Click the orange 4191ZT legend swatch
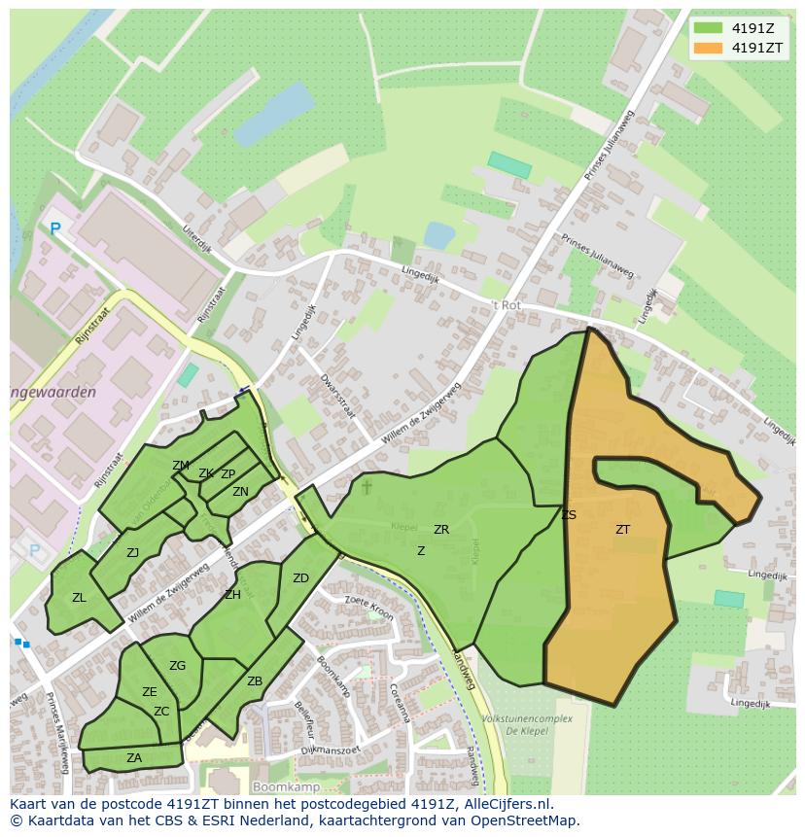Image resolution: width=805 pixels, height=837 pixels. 710,48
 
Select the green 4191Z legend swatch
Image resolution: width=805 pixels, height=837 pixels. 710,28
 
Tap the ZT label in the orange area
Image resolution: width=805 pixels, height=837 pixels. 622,530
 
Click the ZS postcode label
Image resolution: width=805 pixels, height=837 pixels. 569,515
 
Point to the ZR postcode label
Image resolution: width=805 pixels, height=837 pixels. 441,530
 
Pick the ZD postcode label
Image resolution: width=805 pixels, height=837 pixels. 300,578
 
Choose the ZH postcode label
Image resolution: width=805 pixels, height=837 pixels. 232,595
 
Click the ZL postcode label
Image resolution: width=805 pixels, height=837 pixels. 79,598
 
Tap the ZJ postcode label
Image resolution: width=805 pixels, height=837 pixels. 132,553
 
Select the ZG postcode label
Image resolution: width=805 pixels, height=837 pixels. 177,666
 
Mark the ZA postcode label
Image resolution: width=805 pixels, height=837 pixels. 134,758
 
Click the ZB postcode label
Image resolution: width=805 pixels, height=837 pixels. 255,681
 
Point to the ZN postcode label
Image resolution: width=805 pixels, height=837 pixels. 240,492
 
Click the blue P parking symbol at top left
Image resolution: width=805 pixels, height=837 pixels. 55,229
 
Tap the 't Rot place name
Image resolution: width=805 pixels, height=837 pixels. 506,305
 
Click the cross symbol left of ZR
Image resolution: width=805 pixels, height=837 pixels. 367,485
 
